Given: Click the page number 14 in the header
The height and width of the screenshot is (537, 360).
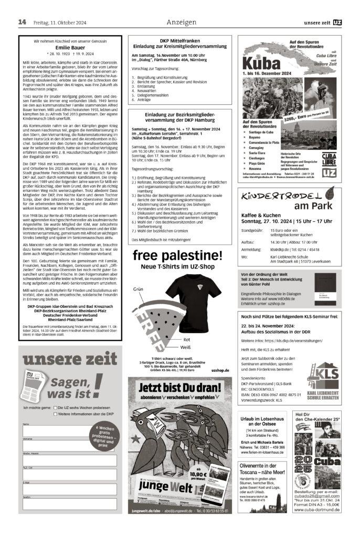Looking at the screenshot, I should click(x=22, y=22).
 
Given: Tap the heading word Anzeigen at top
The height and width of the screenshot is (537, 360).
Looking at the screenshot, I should click(x=181, y=22).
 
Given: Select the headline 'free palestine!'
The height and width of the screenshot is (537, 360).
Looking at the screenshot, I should click(x=178, y=256).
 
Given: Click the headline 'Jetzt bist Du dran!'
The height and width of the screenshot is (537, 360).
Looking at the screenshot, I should click(x=179, y=389).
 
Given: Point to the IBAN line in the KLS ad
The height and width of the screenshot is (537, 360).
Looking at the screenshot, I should click(x=271, y=394).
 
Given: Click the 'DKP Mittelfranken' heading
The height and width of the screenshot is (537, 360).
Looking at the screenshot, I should click(x=179, y=40).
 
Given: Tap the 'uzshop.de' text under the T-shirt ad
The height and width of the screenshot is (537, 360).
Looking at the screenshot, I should click(x=220, y=370).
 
